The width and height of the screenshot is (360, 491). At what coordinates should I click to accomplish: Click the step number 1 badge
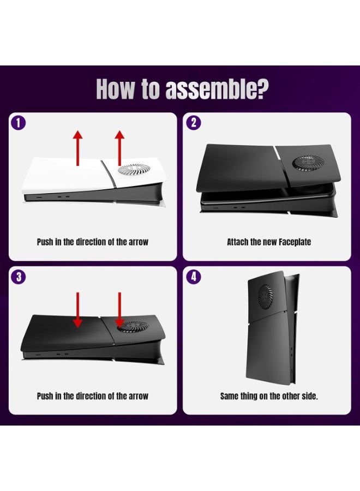tap(18, 123)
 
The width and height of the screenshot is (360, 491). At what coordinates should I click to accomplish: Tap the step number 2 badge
tap(193, 123)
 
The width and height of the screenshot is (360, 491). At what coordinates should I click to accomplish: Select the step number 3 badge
tap(18, 277)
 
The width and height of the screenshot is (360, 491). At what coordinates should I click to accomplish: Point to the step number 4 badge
tap(193, 277)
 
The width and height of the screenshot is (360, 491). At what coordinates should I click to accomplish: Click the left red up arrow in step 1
tap(78, 147)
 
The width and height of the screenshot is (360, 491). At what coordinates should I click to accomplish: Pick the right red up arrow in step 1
tap(119, 147)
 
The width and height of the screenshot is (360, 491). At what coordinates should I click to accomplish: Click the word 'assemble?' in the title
tap(216, 89)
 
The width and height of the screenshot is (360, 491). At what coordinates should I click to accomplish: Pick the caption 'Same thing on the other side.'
tap(269, 396)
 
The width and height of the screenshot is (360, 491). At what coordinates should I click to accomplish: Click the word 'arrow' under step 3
tap(137, 396)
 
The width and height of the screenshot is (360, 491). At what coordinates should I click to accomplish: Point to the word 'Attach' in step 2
tap(238, 242)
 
